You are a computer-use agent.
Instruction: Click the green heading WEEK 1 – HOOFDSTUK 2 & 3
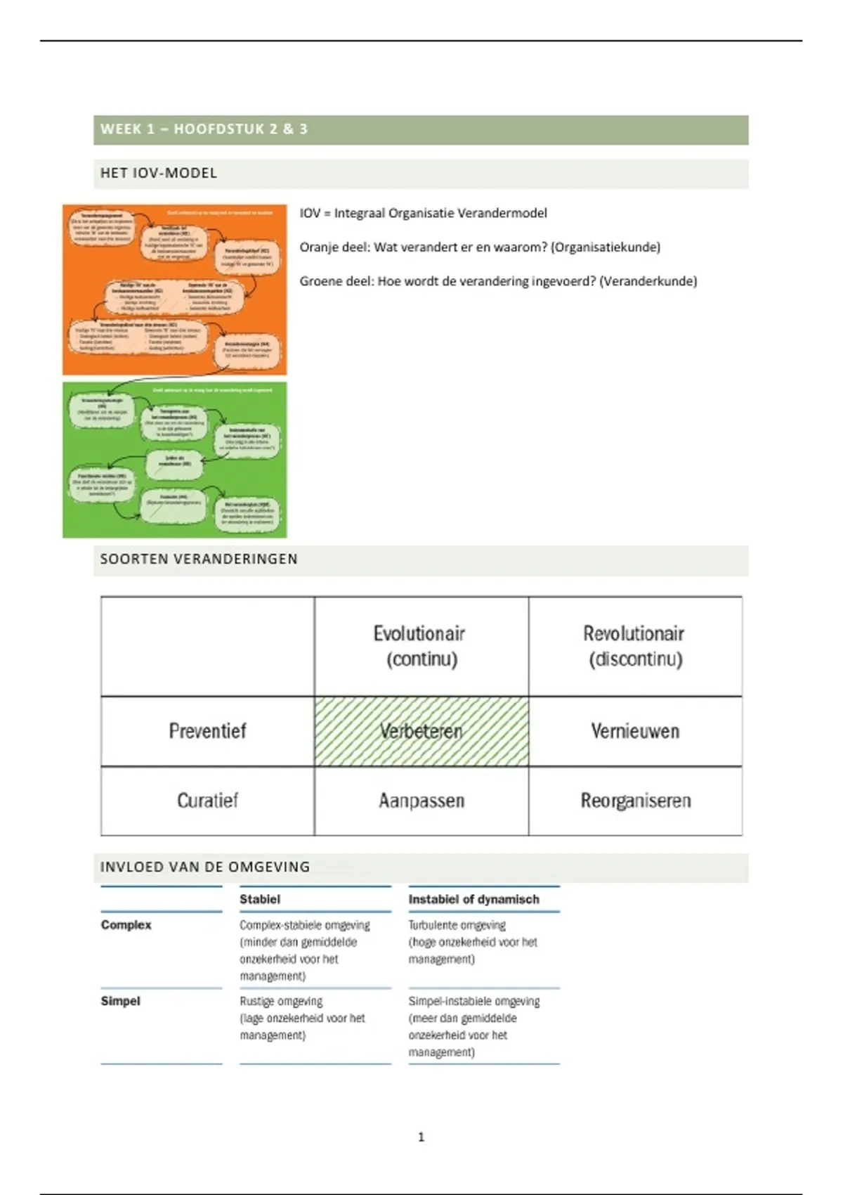pos(204,129)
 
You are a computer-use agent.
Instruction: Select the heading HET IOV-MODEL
pos(159,173)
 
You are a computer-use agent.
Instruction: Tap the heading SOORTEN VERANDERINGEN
pos(199,559)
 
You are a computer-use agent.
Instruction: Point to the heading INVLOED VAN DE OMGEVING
pos(204,867)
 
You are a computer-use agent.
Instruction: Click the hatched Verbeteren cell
pos(421,731)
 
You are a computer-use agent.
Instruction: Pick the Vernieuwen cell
pos(635,731)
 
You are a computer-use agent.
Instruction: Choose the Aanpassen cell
pos(421,801)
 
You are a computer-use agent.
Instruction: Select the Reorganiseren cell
pos(635,801)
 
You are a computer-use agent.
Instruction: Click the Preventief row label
pos(207,731)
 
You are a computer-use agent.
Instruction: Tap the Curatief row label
pos(207,801)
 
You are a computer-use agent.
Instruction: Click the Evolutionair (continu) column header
pos(420,646)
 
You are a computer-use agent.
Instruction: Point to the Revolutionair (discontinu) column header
pos(634,646)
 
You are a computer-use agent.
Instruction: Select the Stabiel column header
pos(260,899)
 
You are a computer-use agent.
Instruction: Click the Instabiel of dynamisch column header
pos(474,899)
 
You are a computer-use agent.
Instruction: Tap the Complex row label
pos(126,925)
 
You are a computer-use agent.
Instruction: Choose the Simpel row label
pos(121,1001)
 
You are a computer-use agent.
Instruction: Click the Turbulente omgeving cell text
pos(457,925)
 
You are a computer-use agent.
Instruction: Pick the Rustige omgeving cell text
pos(281,1001)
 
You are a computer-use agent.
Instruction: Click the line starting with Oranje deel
pos(480,247)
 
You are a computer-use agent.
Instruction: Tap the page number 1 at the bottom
pos(421,1137)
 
